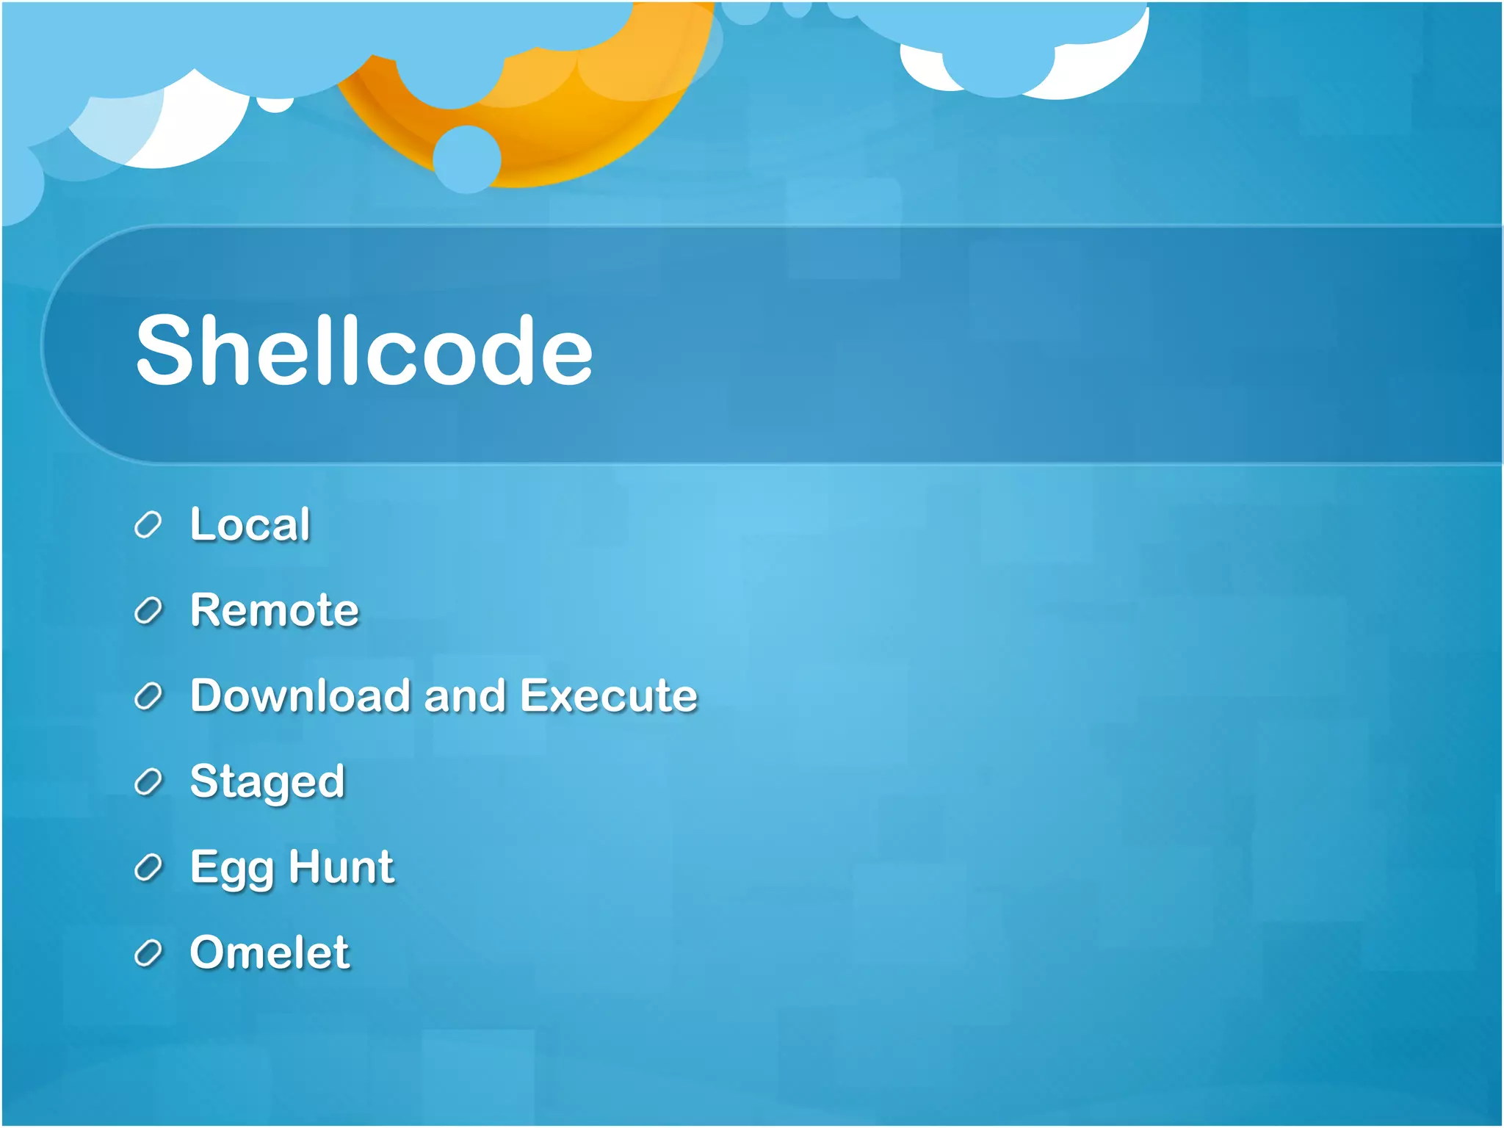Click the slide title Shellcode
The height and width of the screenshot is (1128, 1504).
(364, 350)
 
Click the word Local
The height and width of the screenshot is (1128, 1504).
(250, 524)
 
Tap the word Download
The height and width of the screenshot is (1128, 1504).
(300, 695)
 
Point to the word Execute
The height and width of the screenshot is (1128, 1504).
(609, 695)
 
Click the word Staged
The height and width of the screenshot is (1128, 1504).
(267, 781)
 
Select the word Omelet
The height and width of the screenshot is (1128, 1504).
(270, 952)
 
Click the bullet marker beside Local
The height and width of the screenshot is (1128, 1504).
(148, 525)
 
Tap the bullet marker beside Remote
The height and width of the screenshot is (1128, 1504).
(148, 611)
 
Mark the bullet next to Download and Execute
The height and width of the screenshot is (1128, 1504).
(148, 696)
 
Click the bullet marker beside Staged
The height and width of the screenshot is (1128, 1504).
(148, 782)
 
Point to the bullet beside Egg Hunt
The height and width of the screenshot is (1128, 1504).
(148, 868)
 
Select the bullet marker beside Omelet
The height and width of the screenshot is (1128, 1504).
(148, 953)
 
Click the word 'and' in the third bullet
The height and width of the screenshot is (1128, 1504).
(465, 695)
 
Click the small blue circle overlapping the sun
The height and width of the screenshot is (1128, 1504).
(466, 159)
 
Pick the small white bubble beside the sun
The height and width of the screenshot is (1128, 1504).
(275, 105)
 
